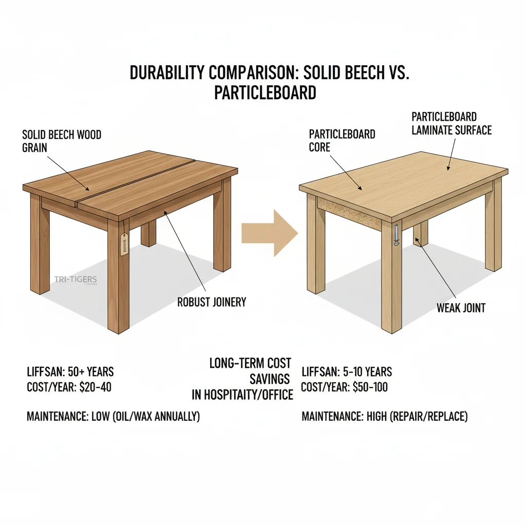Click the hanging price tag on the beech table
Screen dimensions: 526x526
(x=124, y=243)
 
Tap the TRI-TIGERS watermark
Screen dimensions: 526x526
(x=75, y=279)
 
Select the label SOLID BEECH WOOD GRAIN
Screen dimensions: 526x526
(x=62, y=141)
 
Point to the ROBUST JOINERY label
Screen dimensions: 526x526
(x=212, y=302)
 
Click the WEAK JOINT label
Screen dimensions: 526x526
(x=461, y=308)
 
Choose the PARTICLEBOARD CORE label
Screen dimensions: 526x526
(x=342, y=140)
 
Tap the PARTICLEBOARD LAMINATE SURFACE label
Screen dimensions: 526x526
(x=451, y=124)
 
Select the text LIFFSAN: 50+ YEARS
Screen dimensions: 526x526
(x=70, y=371)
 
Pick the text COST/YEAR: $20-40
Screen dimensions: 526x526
(x=69, y=387)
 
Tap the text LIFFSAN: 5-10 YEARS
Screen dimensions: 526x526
(x=347, y=371)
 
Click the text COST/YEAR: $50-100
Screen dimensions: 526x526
(x=344, y=387)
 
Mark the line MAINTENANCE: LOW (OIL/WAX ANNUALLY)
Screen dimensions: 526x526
(x=113, y=417)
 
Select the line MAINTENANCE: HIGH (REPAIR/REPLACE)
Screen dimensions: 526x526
(x=385, y=417)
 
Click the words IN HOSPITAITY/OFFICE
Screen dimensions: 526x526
(x=242, y=394)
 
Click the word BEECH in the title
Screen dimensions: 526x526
(x=354, y=73)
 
